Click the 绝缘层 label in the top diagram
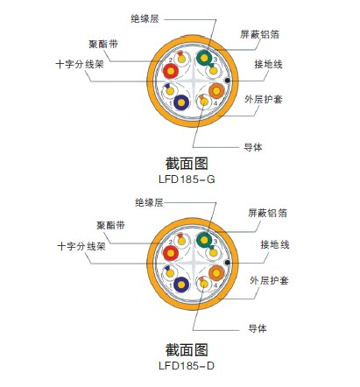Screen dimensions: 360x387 coord(145,19)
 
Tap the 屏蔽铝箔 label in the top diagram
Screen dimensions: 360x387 coord(259,34)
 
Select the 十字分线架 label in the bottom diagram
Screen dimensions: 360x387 coord(81,247)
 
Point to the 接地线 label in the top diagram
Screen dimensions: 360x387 coord(268,64)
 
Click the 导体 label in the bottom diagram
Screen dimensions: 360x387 coord(258,328)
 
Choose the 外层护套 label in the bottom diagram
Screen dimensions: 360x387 coord(269,280)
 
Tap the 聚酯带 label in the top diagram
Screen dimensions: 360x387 coord(103,45)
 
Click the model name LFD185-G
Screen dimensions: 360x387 coord(187,179)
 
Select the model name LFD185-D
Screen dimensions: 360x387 coord(187,366)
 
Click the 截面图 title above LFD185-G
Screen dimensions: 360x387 coord(187,164)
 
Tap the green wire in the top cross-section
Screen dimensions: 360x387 coord(204,58)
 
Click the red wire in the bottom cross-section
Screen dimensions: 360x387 coord(171,253)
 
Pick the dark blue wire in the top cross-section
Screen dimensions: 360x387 coord(181,102)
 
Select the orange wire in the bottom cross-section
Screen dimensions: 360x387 coord(216,273)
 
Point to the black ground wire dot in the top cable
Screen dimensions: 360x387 coord(227,81)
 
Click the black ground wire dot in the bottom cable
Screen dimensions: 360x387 coord(227,263)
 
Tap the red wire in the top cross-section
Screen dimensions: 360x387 coord(171,71)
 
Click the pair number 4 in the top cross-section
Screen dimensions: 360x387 coord(215,103)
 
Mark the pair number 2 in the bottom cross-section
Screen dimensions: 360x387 coord(171,243)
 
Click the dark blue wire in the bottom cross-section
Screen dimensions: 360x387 coord(181,285)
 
